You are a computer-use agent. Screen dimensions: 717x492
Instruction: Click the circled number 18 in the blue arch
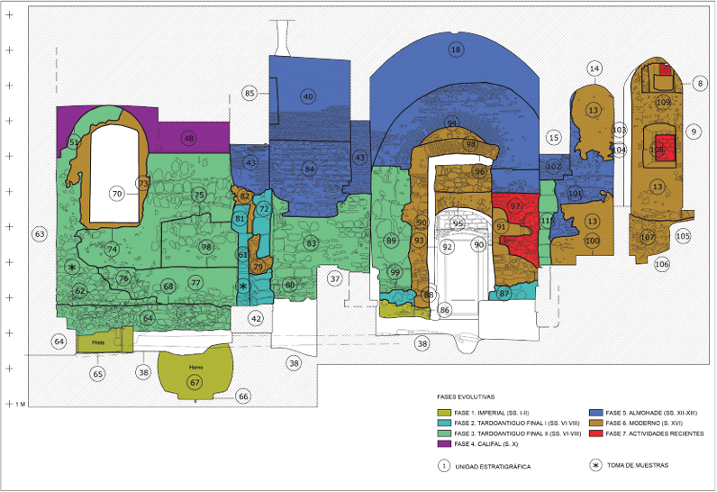coord(456,49)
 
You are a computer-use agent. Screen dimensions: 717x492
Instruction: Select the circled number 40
coord(308,96)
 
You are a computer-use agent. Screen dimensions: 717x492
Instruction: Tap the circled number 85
coord(250,93)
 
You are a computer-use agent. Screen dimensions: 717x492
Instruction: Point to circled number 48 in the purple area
coord(188,138)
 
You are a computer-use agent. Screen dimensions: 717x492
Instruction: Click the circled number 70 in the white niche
coord(116,193)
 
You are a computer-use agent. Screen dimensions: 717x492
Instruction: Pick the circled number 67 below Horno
coord(194,383)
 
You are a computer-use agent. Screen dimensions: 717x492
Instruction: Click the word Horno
coord(195,368)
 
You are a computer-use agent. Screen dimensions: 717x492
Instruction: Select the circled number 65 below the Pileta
coord(98,373)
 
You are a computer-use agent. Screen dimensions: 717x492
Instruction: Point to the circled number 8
coord(700,83)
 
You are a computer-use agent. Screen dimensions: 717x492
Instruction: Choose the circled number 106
coord(662,264)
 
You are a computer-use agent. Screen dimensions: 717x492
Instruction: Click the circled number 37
coord(334,279)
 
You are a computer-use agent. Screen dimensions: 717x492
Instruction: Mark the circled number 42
coord(256,318)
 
